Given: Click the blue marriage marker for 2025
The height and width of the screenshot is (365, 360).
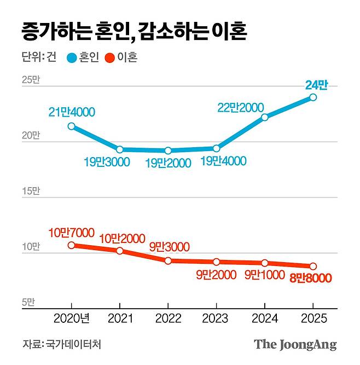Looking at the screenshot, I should coord(313,97).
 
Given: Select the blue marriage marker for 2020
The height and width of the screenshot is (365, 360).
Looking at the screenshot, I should coord(71,126).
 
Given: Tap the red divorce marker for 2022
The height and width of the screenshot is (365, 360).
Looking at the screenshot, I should coord(168,260).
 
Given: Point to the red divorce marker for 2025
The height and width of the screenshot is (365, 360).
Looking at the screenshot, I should coord(313,266).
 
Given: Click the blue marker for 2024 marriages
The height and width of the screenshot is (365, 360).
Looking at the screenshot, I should coord(265,117).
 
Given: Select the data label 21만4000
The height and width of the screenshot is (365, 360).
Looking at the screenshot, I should coord(71,112).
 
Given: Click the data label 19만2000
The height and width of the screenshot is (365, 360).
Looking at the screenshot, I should coord(168,163).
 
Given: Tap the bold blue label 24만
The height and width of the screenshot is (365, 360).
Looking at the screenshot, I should coord(316,85).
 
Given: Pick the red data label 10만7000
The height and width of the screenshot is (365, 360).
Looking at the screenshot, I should coord(71,232).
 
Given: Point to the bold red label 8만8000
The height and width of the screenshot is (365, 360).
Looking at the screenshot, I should coord(310,279).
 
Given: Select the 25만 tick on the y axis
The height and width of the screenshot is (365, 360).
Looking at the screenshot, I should coord(31,80).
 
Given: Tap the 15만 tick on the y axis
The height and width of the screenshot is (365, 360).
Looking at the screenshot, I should coord(31,191).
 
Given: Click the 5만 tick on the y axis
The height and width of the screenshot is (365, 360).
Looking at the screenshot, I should coord(28,302).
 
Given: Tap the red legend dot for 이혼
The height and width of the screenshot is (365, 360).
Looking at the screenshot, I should coord(109,57).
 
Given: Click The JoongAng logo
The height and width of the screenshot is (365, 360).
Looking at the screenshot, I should coord(295,345).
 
